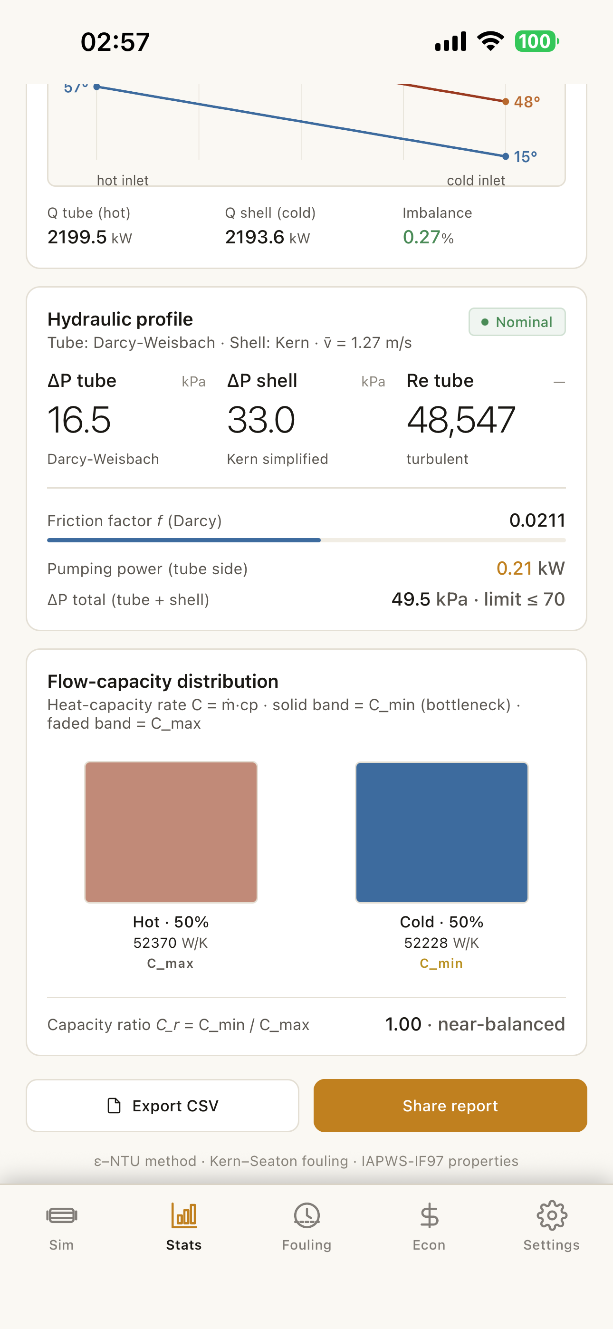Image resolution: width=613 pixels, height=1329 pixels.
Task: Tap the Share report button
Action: (450, 1106)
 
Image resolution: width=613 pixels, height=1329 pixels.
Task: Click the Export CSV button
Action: (163, 1106)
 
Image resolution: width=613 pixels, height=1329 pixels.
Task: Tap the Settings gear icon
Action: (552, 1215)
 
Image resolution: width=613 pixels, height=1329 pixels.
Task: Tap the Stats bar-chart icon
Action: (184, 1215)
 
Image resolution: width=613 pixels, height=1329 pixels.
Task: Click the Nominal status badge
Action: (517, 322)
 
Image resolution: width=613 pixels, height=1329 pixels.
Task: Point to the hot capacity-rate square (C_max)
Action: (171, 832)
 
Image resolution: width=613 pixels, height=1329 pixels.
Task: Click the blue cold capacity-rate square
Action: (441, 832)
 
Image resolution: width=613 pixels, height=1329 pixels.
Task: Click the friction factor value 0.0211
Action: (537, 520)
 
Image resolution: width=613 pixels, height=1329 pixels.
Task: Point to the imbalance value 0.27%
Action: (428, 237)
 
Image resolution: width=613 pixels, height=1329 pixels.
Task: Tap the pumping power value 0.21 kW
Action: (530, 568)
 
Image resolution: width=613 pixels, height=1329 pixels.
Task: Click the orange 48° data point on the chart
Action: (506, 101)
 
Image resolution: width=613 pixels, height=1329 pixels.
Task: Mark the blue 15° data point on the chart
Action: (506, 156)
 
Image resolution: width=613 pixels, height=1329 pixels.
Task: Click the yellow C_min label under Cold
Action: (441, 963)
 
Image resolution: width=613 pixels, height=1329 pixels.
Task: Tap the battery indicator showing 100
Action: (536, 41)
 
